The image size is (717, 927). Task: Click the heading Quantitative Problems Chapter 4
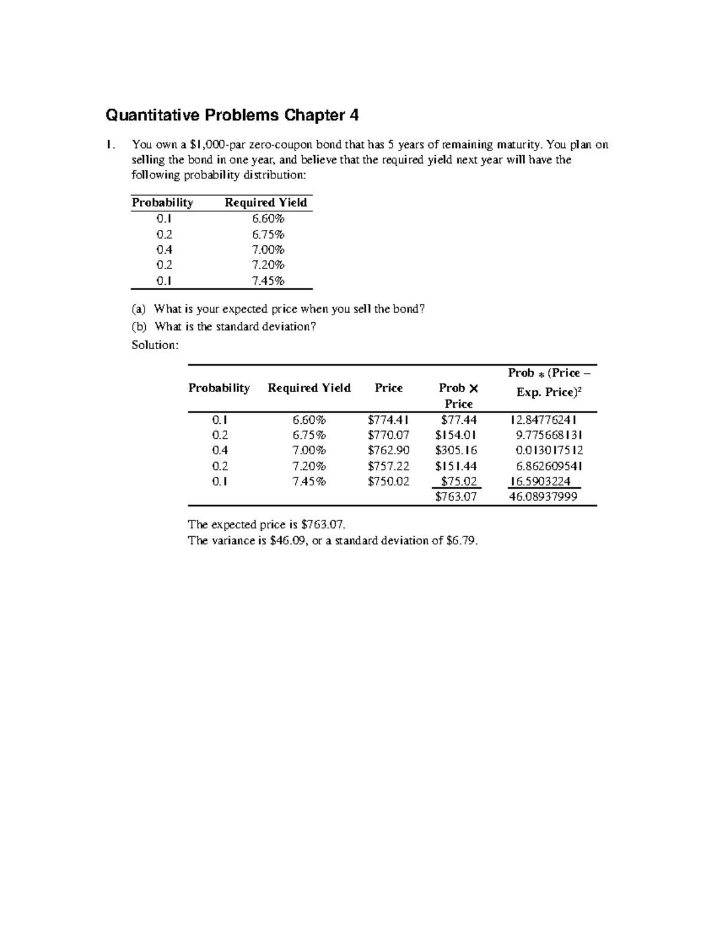tap(232, 115)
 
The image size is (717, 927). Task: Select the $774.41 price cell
tap(388, 420)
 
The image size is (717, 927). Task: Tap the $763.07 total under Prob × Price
tap(456, 496)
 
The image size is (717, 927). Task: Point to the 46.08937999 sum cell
tap(543, 496)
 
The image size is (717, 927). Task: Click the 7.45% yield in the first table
tap(268, 281)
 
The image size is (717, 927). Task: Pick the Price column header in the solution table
tap(388, 388)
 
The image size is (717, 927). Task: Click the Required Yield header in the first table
tap(265, 203)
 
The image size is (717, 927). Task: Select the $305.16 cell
tap(456, 450)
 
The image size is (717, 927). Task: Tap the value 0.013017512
tap(549, 450)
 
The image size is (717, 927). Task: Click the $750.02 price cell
tap(388, 481)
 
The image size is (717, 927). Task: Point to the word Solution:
tap(155, 345)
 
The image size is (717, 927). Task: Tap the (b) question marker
tap(139, 327)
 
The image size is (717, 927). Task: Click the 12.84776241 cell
tap(543, 420)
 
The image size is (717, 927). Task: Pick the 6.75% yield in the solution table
tap(310, 435)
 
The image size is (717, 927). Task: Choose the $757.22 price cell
tap(388, 466)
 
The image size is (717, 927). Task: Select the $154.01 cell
tap(456, 435)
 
